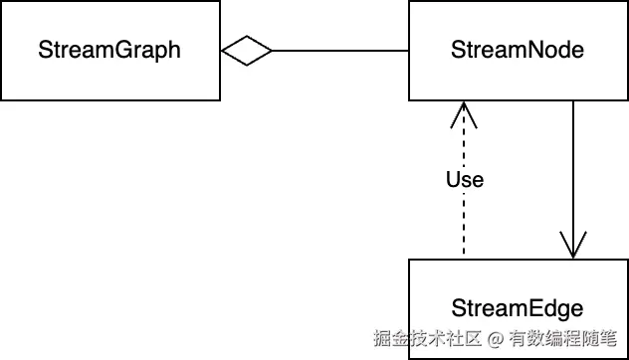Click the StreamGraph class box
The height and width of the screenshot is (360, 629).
coord(109,50)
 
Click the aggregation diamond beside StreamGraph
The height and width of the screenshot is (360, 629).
coord(246,50)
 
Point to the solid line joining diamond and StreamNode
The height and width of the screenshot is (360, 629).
coord(338,50)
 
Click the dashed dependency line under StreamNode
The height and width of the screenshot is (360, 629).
coord(463,229)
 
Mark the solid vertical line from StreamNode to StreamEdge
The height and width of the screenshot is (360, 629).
coord(573,169)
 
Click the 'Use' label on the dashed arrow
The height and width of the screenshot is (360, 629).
coord(464,180)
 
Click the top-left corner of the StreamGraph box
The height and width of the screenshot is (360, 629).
coord(1,1)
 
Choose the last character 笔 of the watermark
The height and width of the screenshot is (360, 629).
coord(615,338)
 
